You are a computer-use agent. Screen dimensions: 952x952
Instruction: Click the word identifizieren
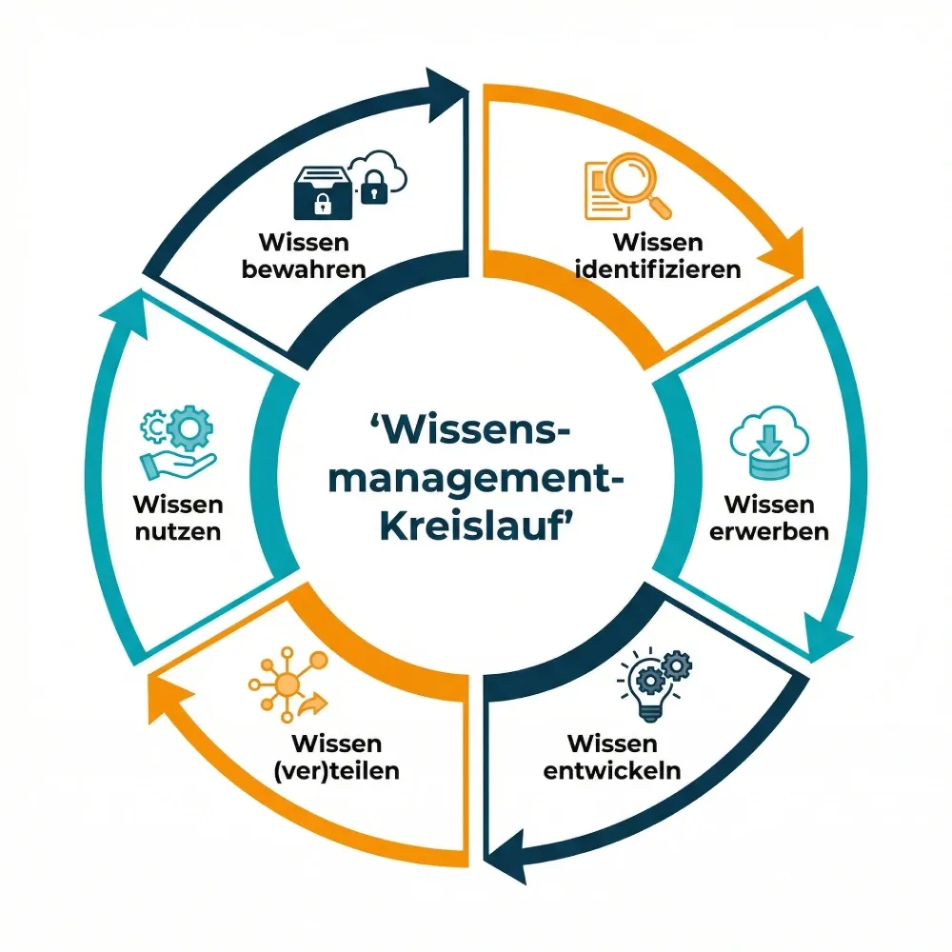point(659,268)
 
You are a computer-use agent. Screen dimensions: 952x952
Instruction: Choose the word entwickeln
point(612,769)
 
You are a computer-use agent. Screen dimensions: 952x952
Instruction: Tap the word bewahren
point(305,268)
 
